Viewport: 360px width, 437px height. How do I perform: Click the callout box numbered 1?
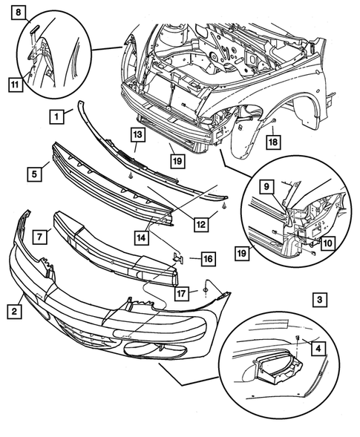56,116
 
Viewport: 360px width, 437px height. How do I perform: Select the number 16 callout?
207,258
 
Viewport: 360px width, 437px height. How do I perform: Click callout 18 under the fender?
274,141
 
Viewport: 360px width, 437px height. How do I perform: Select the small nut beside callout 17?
204,289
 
